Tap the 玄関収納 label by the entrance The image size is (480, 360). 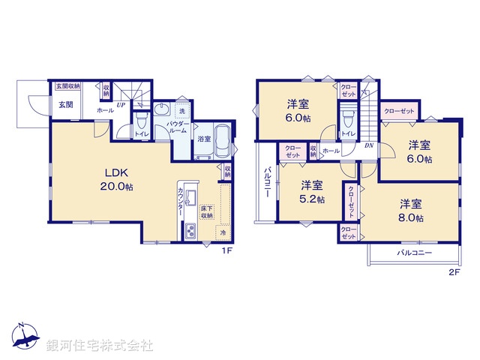tap(67, 86)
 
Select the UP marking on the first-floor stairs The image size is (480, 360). tap(120, 105)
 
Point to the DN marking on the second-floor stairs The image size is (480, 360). tap(369, 146)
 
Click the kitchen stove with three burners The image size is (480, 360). tap(191, 231)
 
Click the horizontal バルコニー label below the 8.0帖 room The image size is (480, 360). tap(414, 253)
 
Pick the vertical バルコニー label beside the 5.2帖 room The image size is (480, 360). tap(267, 184)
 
